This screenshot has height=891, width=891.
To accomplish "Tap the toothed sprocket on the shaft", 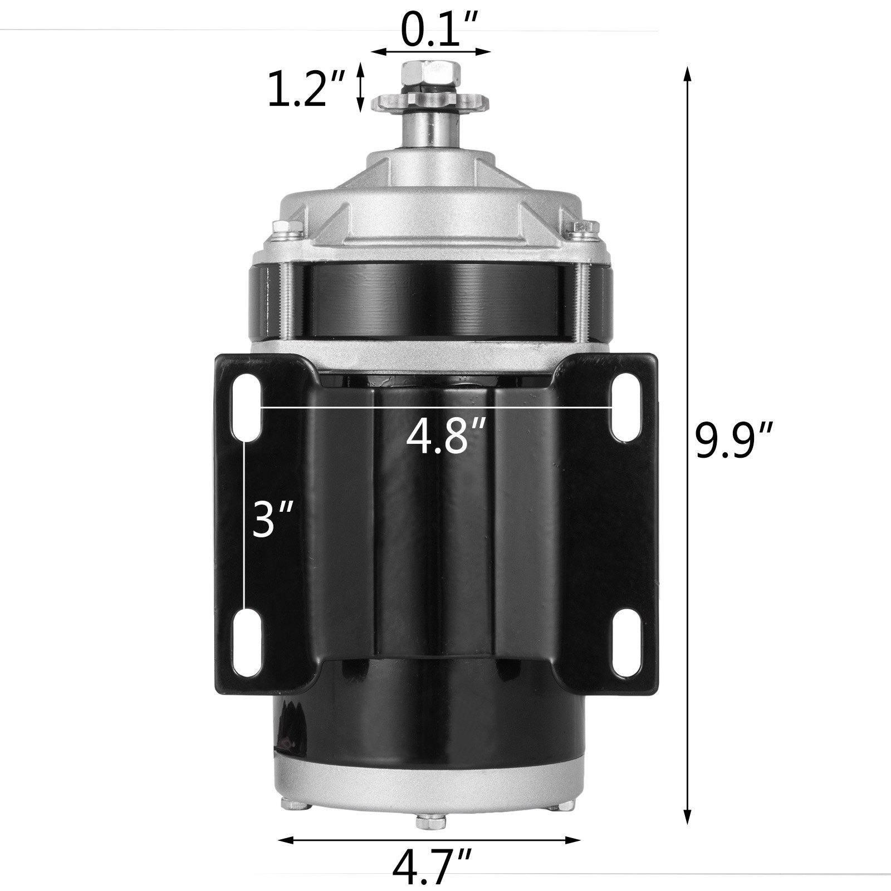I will coord(430,102).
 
